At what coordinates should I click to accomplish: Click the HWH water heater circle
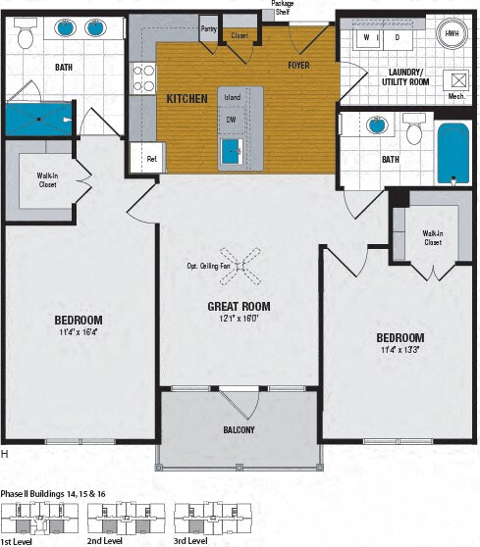tap(453, 34)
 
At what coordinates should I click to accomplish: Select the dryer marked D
tap(397, 38)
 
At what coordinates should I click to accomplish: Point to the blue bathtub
tap(453, 154)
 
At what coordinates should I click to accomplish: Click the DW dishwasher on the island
tap(231, 120)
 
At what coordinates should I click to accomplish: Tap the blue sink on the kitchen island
tap(232, 150)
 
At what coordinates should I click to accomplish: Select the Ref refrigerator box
tap(150, 157)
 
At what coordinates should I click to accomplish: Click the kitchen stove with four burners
tap(144, 77)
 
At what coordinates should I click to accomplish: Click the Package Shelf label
tap(283, 8)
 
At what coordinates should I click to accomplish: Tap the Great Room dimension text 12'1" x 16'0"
tap(239, 320)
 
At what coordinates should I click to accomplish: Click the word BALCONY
tap(239, 429)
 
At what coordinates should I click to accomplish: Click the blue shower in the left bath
tap(39, 120)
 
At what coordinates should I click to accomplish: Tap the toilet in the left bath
tap(27, 36)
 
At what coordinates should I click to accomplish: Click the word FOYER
tap(299, 66)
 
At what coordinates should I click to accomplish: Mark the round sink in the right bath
tap(375, 125)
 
